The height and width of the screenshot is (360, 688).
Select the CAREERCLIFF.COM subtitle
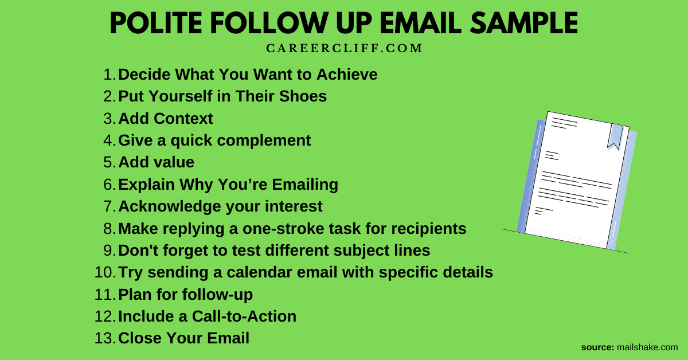point(344,49)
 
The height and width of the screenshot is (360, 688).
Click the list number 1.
point(110,75)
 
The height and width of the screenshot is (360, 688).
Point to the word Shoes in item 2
point(303,96)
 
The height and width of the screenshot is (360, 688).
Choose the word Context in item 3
point(183,119)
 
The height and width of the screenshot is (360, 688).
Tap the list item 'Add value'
point(157,162)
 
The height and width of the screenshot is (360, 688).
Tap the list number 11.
point(105,295)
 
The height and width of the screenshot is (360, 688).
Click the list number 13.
point(105,338)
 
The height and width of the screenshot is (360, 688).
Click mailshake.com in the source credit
point(647,347)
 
